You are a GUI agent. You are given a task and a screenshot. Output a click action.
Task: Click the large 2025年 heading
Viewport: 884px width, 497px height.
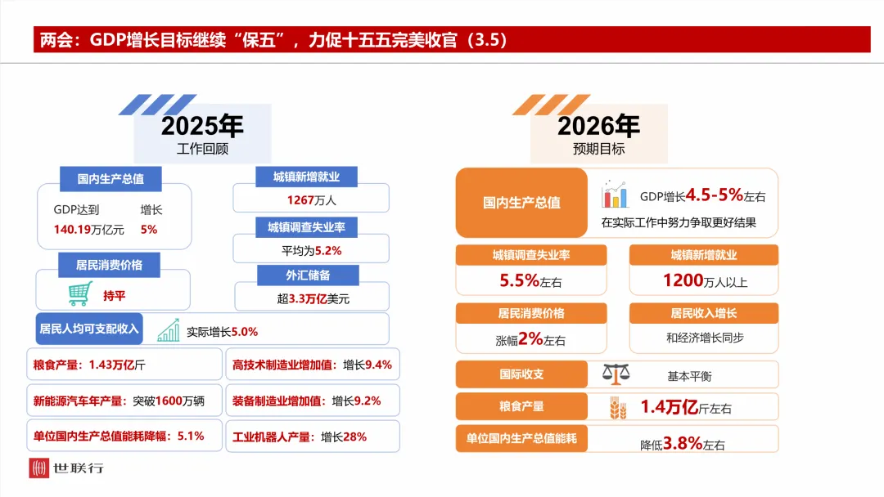(x=202, y=126)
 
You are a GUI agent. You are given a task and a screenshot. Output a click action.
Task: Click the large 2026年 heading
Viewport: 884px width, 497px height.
(x=598, y=126)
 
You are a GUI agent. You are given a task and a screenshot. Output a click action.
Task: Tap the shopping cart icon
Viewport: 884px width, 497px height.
(x=79, y=293)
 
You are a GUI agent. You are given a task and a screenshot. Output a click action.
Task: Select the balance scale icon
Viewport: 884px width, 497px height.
(x=616, y=374)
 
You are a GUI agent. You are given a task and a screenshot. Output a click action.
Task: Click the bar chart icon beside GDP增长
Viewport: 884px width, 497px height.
(x=614, y=195)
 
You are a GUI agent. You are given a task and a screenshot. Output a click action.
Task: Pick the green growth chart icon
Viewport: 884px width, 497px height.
(x=169, y=330)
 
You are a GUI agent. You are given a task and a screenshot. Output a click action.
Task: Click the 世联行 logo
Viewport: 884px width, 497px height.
(x=66, y=468)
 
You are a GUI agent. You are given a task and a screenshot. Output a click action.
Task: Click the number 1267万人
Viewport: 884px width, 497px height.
(x=311, y=199)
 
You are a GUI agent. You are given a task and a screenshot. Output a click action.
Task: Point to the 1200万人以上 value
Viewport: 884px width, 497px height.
(x=705, y=281)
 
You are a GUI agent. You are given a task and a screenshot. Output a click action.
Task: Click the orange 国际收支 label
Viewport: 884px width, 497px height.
(x=521, y=374)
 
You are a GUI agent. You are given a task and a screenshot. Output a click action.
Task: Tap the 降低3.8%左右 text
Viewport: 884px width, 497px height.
(x=682, y=444)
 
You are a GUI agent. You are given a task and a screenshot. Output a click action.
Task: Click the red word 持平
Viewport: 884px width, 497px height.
(x=115, y=294)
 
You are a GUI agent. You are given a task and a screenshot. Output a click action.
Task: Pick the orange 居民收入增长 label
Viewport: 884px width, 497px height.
(x=703, y=313)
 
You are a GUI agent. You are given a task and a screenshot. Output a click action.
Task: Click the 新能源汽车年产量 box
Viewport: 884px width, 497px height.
(x=124, y=401)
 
